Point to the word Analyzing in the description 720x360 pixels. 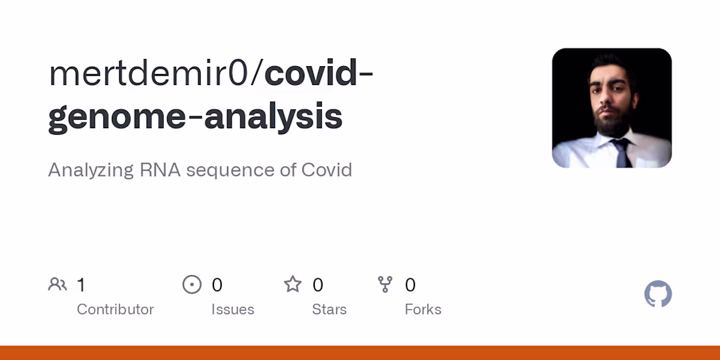pyautogui.click(x=90, y=170)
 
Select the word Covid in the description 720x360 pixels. pyautogui.click(x=327, y=170)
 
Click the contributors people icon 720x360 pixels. pyautogui.click(x=58, y=285)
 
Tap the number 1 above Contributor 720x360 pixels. pyautogui.click(x=81, y=285)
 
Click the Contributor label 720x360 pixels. pyautogui.click(x=115, y=309)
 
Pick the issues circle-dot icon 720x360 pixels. pyautogui.click(x=192, y=285)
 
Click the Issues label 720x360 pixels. pyautogui.click(x=232, y=309)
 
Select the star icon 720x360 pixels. pyautogui.click(x=293, y=285)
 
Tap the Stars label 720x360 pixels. pyautogui.click(x=329, y=309)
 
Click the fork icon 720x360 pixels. pyautogui.click(x=385, y=285)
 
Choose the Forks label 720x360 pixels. pyautogui.click(x=423, y=309)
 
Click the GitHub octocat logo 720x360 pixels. pyautogui.click(x=658, y=295)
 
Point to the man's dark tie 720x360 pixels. pyautogui.click(x=621, y=152)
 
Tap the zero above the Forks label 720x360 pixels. pyautogui.click(x=410, y=285)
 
